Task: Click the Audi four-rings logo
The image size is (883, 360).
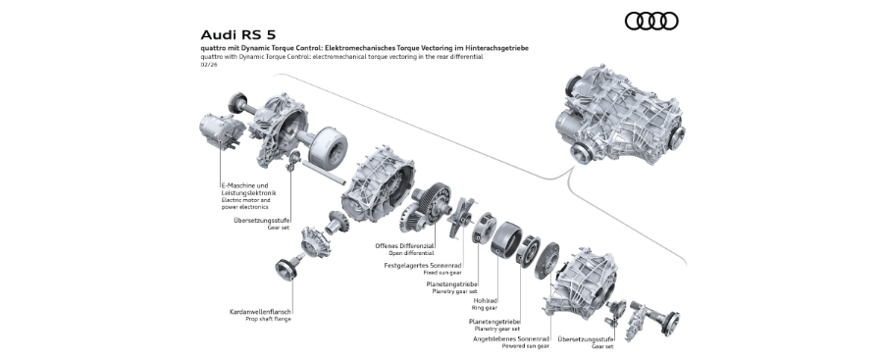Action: click(651, 21)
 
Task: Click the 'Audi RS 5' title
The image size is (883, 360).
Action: click(238, 35)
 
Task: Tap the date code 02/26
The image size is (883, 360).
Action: click(208, 64)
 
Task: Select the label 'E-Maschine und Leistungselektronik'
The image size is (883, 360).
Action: click(248, 188)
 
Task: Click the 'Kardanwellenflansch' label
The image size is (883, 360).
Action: click(260, 312)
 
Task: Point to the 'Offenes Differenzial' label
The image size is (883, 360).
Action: click(404, 245)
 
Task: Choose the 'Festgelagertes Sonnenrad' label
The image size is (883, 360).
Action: click(423, 265)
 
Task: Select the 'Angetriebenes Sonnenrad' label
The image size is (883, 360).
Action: click(511, 339)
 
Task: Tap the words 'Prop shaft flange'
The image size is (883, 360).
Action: click(268, 319)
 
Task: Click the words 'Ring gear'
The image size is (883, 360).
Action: click(485, 308)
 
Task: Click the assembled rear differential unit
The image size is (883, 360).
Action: click(620, 116)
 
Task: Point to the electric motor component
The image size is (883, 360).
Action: click(222, 133)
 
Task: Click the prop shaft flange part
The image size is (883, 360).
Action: click(286, 269)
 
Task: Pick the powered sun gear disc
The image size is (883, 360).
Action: click(546, 258)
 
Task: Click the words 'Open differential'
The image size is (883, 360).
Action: click(411, 253)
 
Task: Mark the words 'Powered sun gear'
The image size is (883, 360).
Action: click(526, 346)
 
